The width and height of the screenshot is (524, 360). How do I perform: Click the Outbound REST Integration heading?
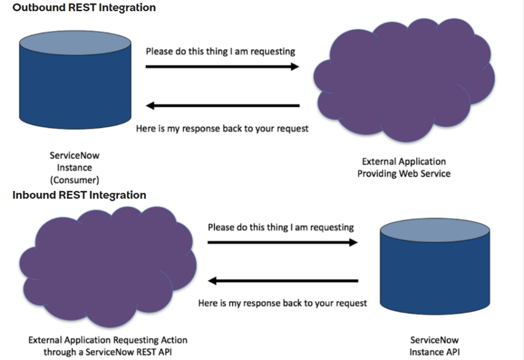point(84,8)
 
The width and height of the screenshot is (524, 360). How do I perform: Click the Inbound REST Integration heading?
point(79,195)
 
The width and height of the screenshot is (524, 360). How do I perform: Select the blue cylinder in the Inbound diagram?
point(435,274)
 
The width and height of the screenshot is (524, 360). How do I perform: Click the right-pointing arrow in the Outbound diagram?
point(222,66)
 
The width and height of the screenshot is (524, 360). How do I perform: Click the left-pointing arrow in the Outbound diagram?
point(222,106)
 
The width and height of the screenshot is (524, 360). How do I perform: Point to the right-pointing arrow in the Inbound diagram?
point(282,242)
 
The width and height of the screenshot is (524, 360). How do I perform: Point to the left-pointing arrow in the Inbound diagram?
point(282,281)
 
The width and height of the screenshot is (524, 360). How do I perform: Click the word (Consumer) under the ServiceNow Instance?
point(75,180)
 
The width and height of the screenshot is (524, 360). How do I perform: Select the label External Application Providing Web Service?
point(404,168)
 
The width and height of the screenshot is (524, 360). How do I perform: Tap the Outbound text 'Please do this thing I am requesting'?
point(221,51)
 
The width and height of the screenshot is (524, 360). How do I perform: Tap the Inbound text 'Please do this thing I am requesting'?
point(281,227)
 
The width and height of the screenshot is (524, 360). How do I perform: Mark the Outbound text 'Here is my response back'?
point(222,128)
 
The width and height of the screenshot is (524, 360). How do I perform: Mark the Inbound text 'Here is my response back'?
point(282,303)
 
